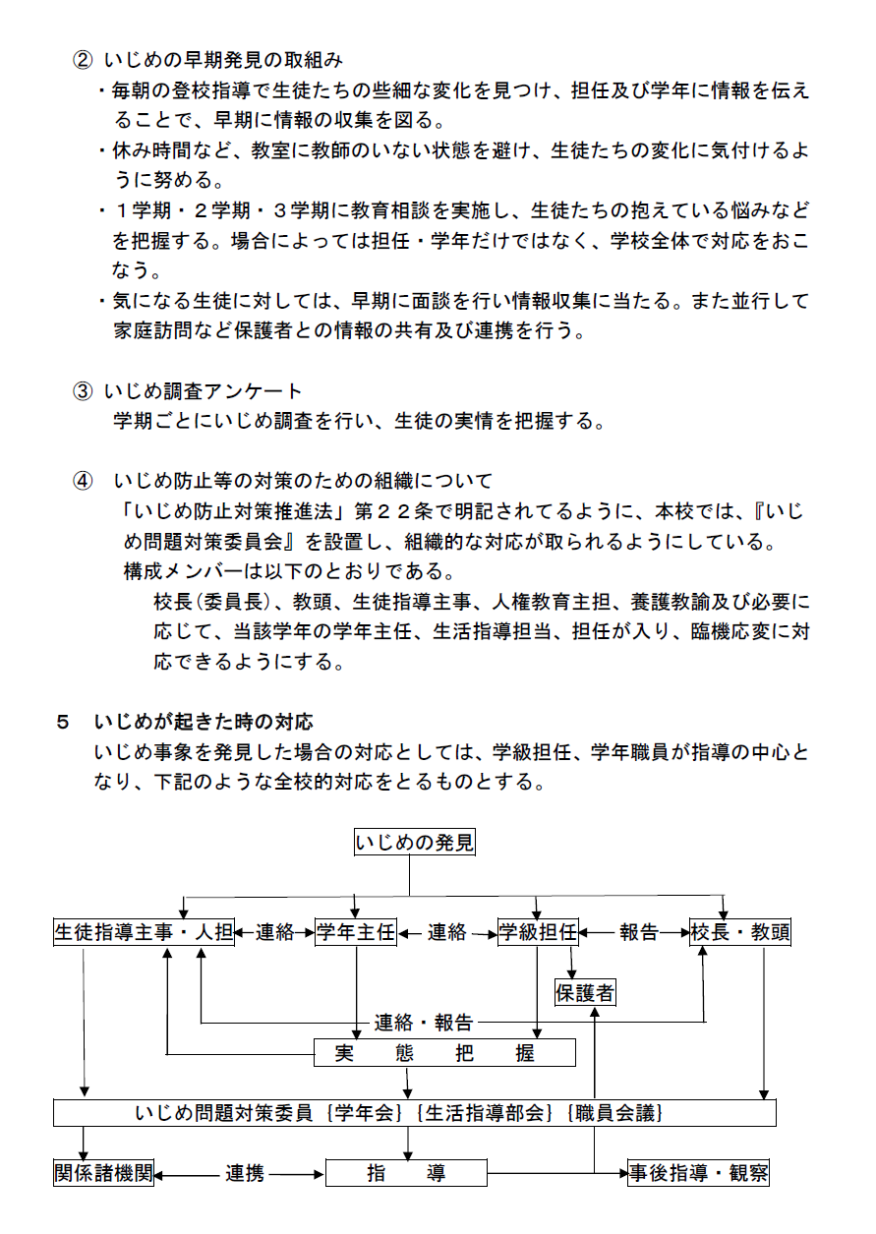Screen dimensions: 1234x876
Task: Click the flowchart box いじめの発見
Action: pos(414,842)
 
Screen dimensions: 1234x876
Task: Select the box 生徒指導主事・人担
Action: pos(144,932)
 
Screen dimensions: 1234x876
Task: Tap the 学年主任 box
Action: pos(355,932)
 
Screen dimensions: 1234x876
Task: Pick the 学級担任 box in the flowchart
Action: pos(537,932)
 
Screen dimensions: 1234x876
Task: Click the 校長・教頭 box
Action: pos(739,932)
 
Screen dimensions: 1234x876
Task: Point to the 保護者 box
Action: pos(585,993)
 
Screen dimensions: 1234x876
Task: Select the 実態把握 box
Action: pos(443,1053)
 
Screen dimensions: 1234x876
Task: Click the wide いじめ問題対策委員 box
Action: pos(414,1112)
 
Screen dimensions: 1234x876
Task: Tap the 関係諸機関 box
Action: pos(103,1173)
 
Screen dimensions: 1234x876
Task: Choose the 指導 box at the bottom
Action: pos(406,1173)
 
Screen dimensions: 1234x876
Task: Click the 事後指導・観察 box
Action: pos(698,1173)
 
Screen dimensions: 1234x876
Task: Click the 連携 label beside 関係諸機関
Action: pos(244,1173)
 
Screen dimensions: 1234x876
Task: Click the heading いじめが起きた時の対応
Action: pos(204,722)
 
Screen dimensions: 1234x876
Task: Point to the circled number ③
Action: pos(83,391)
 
